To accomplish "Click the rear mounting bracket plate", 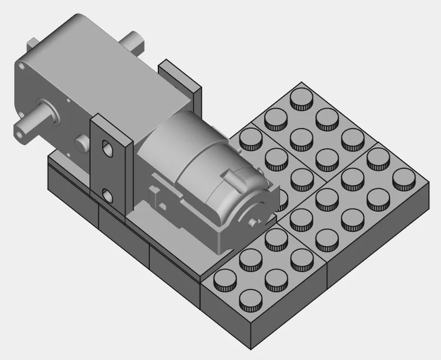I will click(180, 79).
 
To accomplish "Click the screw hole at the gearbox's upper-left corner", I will click(22, 67).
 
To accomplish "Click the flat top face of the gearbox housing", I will click(90, 58).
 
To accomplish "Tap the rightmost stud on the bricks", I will click(404, 177).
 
